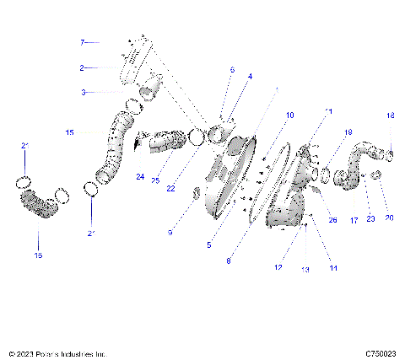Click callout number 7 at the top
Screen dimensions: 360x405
click(x=83, y=41)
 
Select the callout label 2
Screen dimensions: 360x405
click(x=82, y=67)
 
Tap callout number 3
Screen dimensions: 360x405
click(x=83, y=92)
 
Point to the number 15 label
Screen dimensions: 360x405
click(x=69, y=132)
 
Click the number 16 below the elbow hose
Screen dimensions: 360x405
click(x=37, y=254)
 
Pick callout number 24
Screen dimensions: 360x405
click(x=139, y=177)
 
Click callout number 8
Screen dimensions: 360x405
click(x=228, y=261)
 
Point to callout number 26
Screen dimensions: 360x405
click(x=332, y=220)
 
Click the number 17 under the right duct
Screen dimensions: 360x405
click(x=354, y=219)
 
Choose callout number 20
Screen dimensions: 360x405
click(x=389, y=218)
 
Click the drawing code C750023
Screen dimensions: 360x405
click(x=381, y=354)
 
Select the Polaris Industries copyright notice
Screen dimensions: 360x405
click(x=57, y=354)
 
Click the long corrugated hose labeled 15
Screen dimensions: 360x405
click(x=112, y=152)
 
